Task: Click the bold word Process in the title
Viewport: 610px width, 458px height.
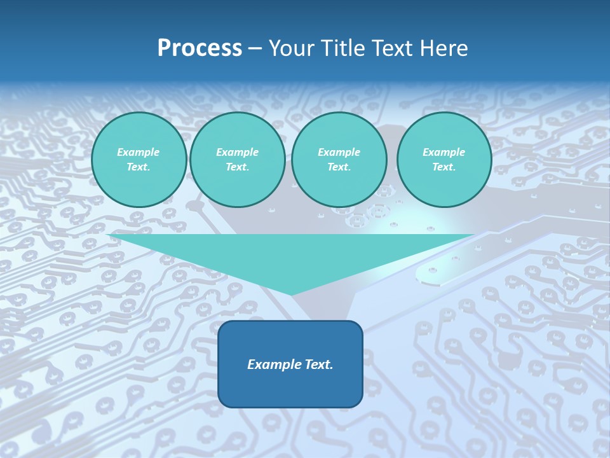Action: (200, 48)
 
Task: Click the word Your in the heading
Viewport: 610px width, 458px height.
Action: (293, 48)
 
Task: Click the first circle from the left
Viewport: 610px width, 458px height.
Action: (139, 160)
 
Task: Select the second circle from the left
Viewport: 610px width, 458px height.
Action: (238, 160)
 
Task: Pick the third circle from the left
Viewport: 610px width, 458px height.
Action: (339, 160)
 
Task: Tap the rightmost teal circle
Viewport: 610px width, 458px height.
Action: (444, 160)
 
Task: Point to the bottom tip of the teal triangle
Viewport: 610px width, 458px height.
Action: (292, 294)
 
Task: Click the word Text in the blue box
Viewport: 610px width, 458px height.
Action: (318, 364)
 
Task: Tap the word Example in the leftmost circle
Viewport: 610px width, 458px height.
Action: (139, 152)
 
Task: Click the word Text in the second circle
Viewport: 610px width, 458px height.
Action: (236, 167)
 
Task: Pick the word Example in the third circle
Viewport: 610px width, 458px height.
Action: (339, 152)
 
